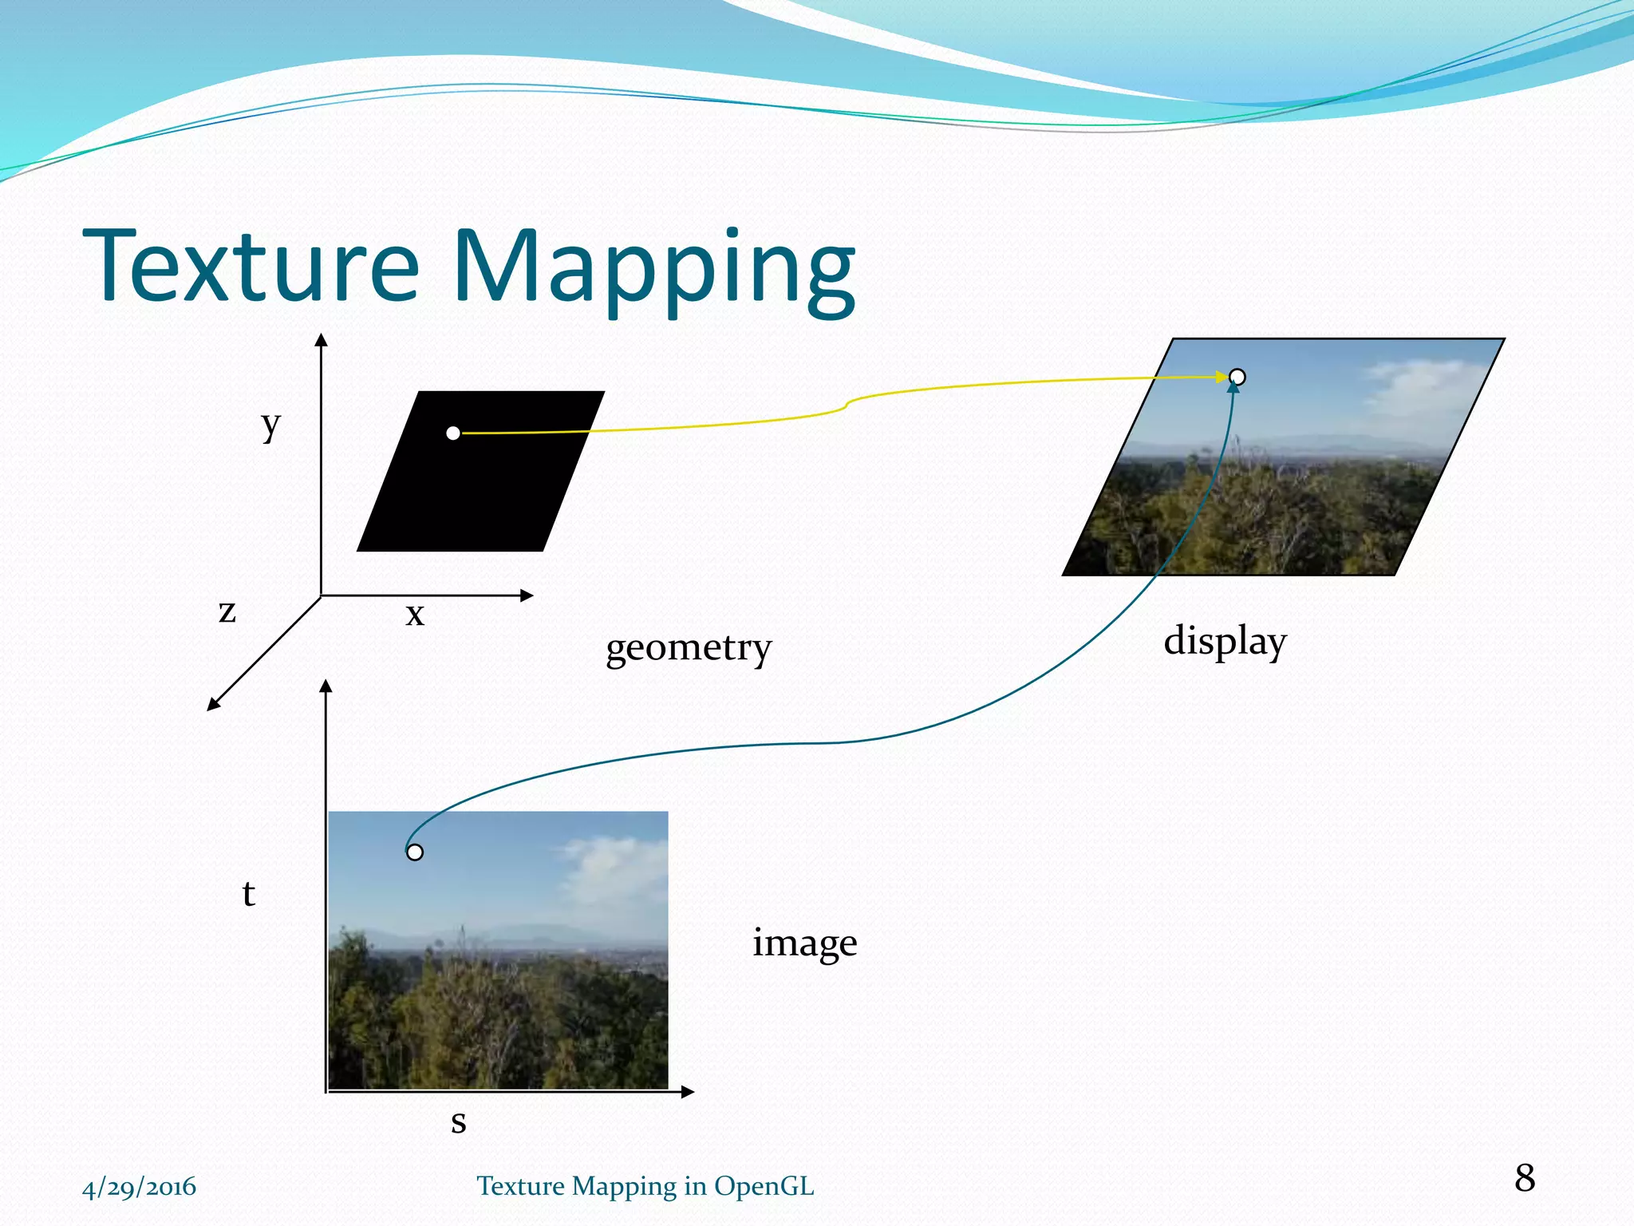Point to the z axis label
pyautogui.click(x=227, y=612)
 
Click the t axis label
pyautogui.click(x=248, y=894)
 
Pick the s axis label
pyautogui.click(x=458, y=1121)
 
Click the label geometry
pyautogui.click(x=689, y=647)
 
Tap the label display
pyautogui.click(x=1225, y=641)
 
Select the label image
pyautogui.click(x=804, y=943)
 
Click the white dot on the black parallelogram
pyautogui.click(x=453, y=433)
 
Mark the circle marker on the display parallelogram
pyautogui.click(x=1237, y=377)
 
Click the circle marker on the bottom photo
pyautogui.click(x=415, y=852)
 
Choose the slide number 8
pyautogui.click(x=1524, y=1178)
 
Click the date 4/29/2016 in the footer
pyautogui.click(x=139, y=1187)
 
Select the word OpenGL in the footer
pyautogui.click(x=764, y=1186)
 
